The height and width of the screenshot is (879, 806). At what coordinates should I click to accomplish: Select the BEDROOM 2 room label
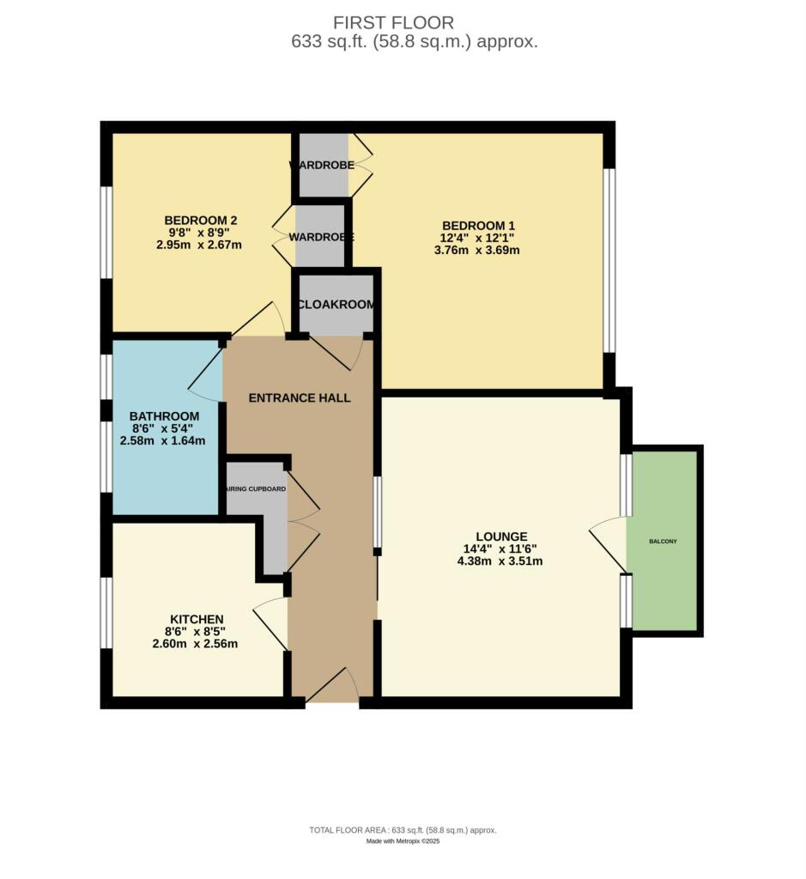tap(200, 220)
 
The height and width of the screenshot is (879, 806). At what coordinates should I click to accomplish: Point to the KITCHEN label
tap(196, 619)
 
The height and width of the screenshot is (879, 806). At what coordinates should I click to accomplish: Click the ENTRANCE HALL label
tap(299, 397)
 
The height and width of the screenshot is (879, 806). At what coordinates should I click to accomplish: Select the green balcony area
tap(665, 541)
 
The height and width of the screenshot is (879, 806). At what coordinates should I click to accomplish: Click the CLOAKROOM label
tap(336, 305)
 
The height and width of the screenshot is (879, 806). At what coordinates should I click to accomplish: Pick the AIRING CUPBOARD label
tap(256, 488)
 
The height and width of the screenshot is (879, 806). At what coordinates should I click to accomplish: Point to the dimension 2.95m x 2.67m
tap(199, 245)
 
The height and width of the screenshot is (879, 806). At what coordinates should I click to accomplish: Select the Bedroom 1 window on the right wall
tap(609, 260)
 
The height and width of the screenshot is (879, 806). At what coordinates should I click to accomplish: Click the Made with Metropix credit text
tap(403, 841)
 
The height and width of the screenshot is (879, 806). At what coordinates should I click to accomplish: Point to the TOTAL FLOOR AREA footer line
tap(403, 830)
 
